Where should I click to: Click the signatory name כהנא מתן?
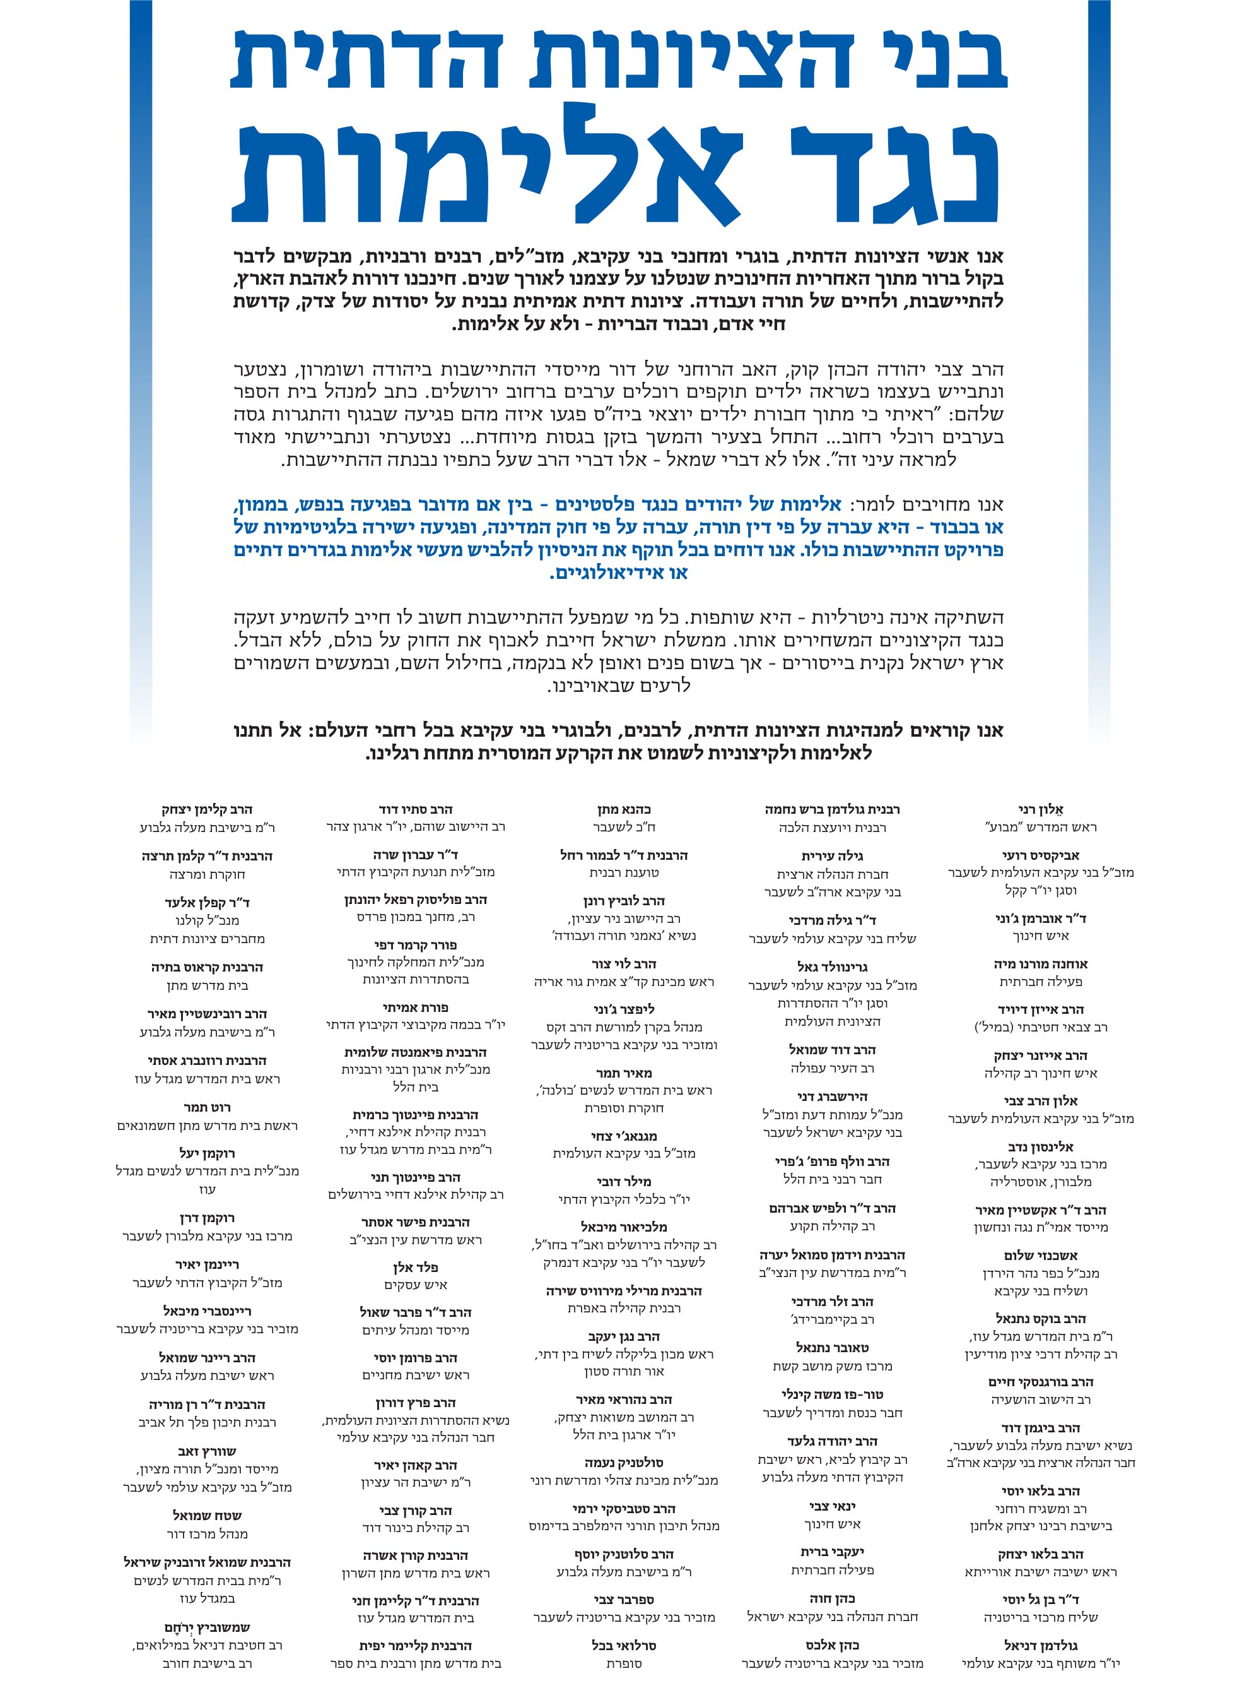tap(623, 810)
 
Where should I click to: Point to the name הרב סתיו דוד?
tap(415, 810)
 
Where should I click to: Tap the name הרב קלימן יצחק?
tap(207, 810)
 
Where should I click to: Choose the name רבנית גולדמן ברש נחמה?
tap(831, 810)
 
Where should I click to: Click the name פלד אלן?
tap(415, 1268)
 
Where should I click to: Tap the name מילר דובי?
tap(623, 1182)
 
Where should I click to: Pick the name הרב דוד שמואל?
tap(831, 1050)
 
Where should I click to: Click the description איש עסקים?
tap(415, 1285)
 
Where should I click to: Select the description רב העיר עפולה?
tap(831, 1068)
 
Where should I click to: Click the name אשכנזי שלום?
tap(1041, 1256)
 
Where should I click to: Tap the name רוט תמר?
tap(207, 1108)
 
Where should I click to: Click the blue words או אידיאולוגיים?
tap(619, 573)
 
